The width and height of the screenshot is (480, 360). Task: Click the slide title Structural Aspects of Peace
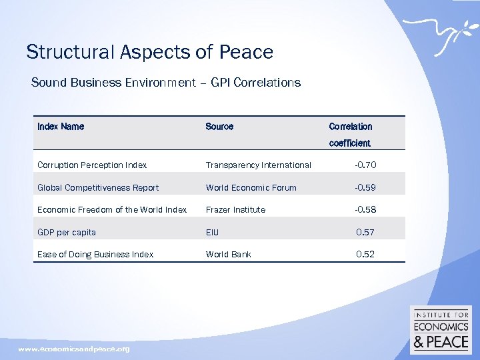149,52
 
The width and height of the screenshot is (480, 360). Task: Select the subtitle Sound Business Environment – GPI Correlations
166,83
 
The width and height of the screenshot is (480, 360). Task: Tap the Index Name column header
61,127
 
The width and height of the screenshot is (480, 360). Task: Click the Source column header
219,127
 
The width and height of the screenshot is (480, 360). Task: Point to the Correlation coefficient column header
351,134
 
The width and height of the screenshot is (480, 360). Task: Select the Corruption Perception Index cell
92,165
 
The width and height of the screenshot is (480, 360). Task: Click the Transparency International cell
258,165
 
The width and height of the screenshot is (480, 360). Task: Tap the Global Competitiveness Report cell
98,187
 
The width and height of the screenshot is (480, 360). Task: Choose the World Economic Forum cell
251,187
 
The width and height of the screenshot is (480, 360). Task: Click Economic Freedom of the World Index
112,209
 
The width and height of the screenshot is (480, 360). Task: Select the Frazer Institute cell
235,209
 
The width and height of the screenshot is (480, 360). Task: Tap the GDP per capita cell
67,232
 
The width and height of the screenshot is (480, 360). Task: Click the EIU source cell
212,232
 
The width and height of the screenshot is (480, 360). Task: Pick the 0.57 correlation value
365,232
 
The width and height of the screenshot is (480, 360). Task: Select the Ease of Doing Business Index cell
95,254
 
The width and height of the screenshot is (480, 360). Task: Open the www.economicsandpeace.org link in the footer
74,349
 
